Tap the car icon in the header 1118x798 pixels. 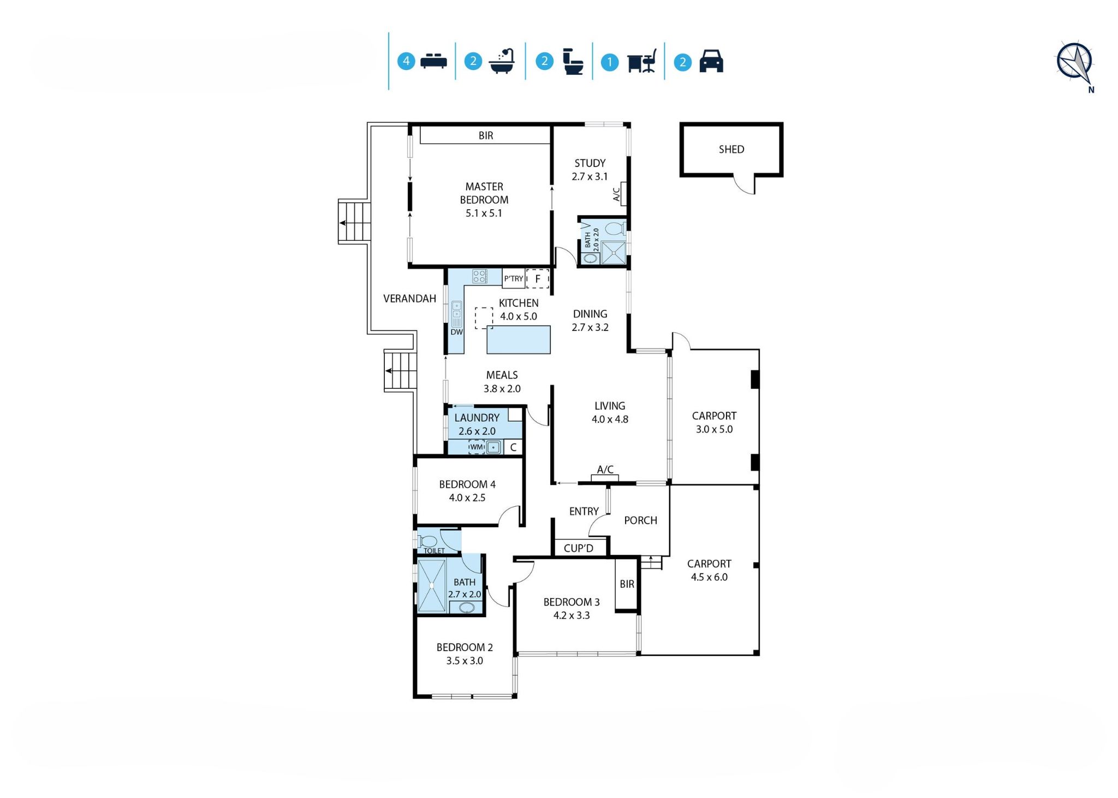coord(711,61)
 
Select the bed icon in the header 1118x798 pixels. coord(433,61)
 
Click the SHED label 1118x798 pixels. coord(732,149)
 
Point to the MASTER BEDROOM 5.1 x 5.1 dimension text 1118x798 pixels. coord(484,213)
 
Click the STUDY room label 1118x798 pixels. coord(590,163)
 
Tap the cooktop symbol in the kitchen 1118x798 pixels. coord(479,276)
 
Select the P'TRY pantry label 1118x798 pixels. coord(513,279)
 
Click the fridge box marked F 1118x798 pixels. coord(538,279)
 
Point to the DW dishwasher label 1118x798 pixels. coord(456,332)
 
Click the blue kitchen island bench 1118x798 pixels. coord(519,340)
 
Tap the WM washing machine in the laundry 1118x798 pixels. coord(477,447)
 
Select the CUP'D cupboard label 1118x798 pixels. coord(578,548)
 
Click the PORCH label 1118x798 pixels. coord(640,521)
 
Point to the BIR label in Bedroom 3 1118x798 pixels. coord(627,584)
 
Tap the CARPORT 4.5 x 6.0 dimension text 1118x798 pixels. coord(709,577)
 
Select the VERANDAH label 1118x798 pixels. coord(409,298)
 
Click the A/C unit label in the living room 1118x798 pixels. coord(605,469)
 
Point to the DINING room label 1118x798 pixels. coord(590,314)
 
